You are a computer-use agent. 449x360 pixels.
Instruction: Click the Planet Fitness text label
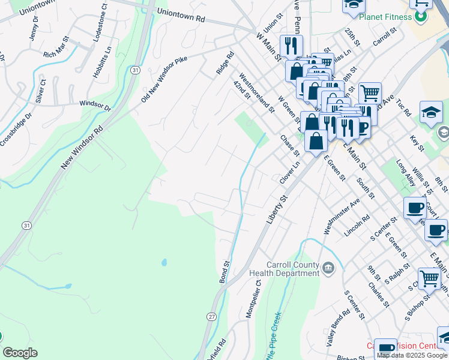pos(385,17)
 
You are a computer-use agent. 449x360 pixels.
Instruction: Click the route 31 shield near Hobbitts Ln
pos(136,70)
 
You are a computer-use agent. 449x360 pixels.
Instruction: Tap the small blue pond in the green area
pos(164,263)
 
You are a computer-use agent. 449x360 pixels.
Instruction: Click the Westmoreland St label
pos(257,93)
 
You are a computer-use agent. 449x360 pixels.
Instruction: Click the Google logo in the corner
pos(20,353)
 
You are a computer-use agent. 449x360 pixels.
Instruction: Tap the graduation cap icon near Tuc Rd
pos(431,112)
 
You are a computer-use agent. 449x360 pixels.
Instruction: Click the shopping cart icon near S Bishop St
pos(429,278)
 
